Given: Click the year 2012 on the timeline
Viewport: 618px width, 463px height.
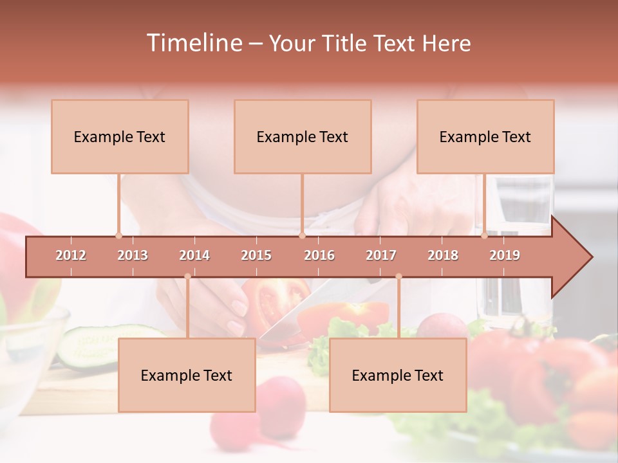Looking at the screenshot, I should [71, 255].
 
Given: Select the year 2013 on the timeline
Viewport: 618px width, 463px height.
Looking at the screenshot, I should [133, 255].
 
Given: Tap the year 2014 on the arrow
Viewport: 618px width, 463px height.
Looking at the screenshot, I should [194, 255].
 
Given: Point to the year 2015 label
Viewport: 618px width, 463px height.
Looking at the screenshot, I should [256, 255].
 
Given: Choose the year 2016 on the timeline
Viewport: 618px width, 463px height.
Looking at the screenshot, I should [319, 255].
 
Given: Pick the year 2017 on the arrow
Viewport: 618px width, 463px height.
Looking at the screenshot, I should [381, 255].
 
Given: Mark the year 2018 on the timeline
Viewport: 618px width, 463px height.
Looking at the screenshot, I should [443, 255].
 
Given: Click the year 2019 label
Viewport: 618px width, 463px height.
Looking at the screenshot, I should [505, 255].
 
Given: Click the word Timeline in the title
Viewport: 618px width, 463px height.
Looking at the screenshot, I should [192, 43].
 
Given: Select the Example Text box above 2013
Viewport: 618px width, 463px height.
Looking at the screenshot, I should [120, 136].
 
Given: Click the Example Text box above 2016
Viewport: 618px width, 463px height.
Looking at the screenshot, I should [303, 136].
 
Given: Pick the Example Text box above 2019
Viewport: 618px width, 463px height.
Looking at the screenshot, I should [485, 136].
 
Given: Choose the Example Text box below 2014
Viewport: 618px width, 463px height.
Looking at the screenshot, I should [187, 375].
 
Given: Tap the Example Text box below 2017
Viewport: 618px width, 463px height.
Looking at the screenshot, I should [398, 375].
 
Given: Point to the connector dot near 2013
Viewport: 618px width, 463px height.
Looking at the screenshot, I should [118, 235].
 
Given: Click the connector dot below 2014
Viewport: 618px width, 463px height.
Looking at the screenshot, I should [187, 277].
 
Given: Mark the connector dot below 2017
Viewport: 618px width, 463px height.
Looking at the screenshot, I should [398, 277].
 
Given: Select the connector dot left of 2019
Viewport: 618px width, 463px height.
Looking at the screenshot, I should [485, 235].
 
